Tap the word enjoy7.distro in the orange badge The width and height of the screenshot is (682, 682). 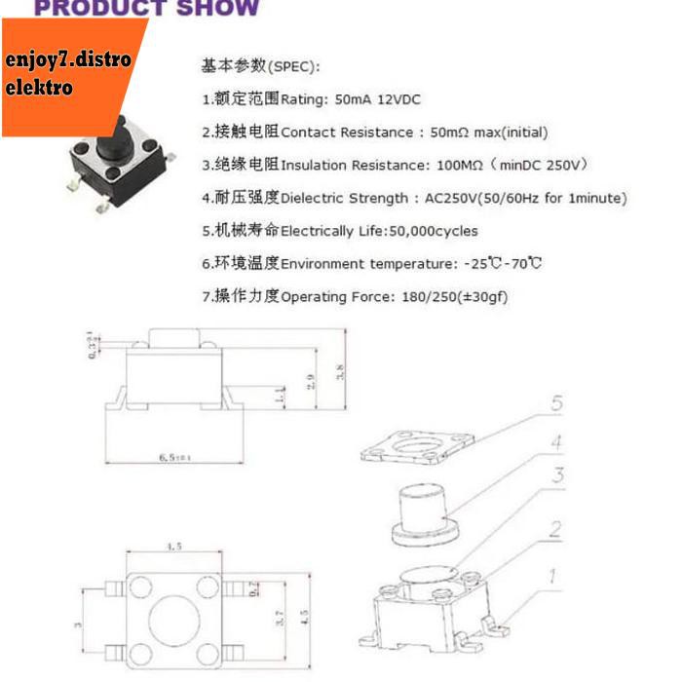[67, 60]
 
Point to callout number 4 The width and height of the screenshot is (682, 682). [556, 443]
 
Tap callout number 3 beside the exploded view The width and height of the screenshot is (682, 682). [556, 476]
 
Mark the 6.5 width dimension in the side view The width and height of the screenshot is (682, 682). [172, 457]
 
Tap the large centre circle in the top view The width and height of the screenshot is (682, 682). [173, 618]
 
